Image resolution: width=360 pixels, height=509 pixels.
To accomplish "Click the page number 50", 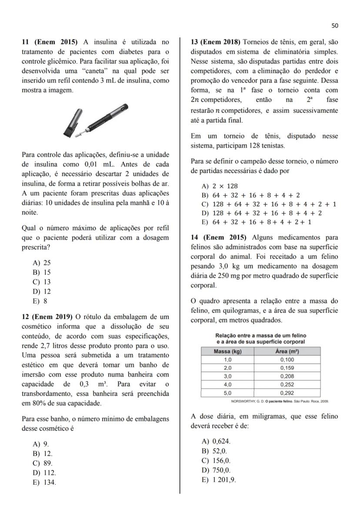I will point(334,26).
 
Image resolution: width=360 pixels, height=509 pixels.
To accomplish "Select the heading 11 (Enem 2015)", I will point(50,42).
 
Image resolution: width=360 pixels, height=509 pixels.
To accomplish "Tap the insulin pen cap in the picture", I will point(71,122).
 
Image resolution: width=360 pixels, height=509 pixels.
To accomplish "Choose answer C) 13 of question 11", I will point(42,282).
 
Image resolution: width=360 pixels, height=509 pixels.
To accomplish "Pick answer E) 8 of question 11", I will point(40,301).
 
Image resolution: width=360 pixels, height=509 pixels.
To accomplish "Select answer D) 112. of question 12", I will point(44,472).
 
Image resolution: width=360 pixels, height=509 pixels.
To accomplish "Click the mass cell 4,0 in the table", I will point(227,384).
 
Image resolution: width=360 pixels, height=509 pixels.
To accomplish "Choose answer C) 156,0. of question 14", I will point(216,461).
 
